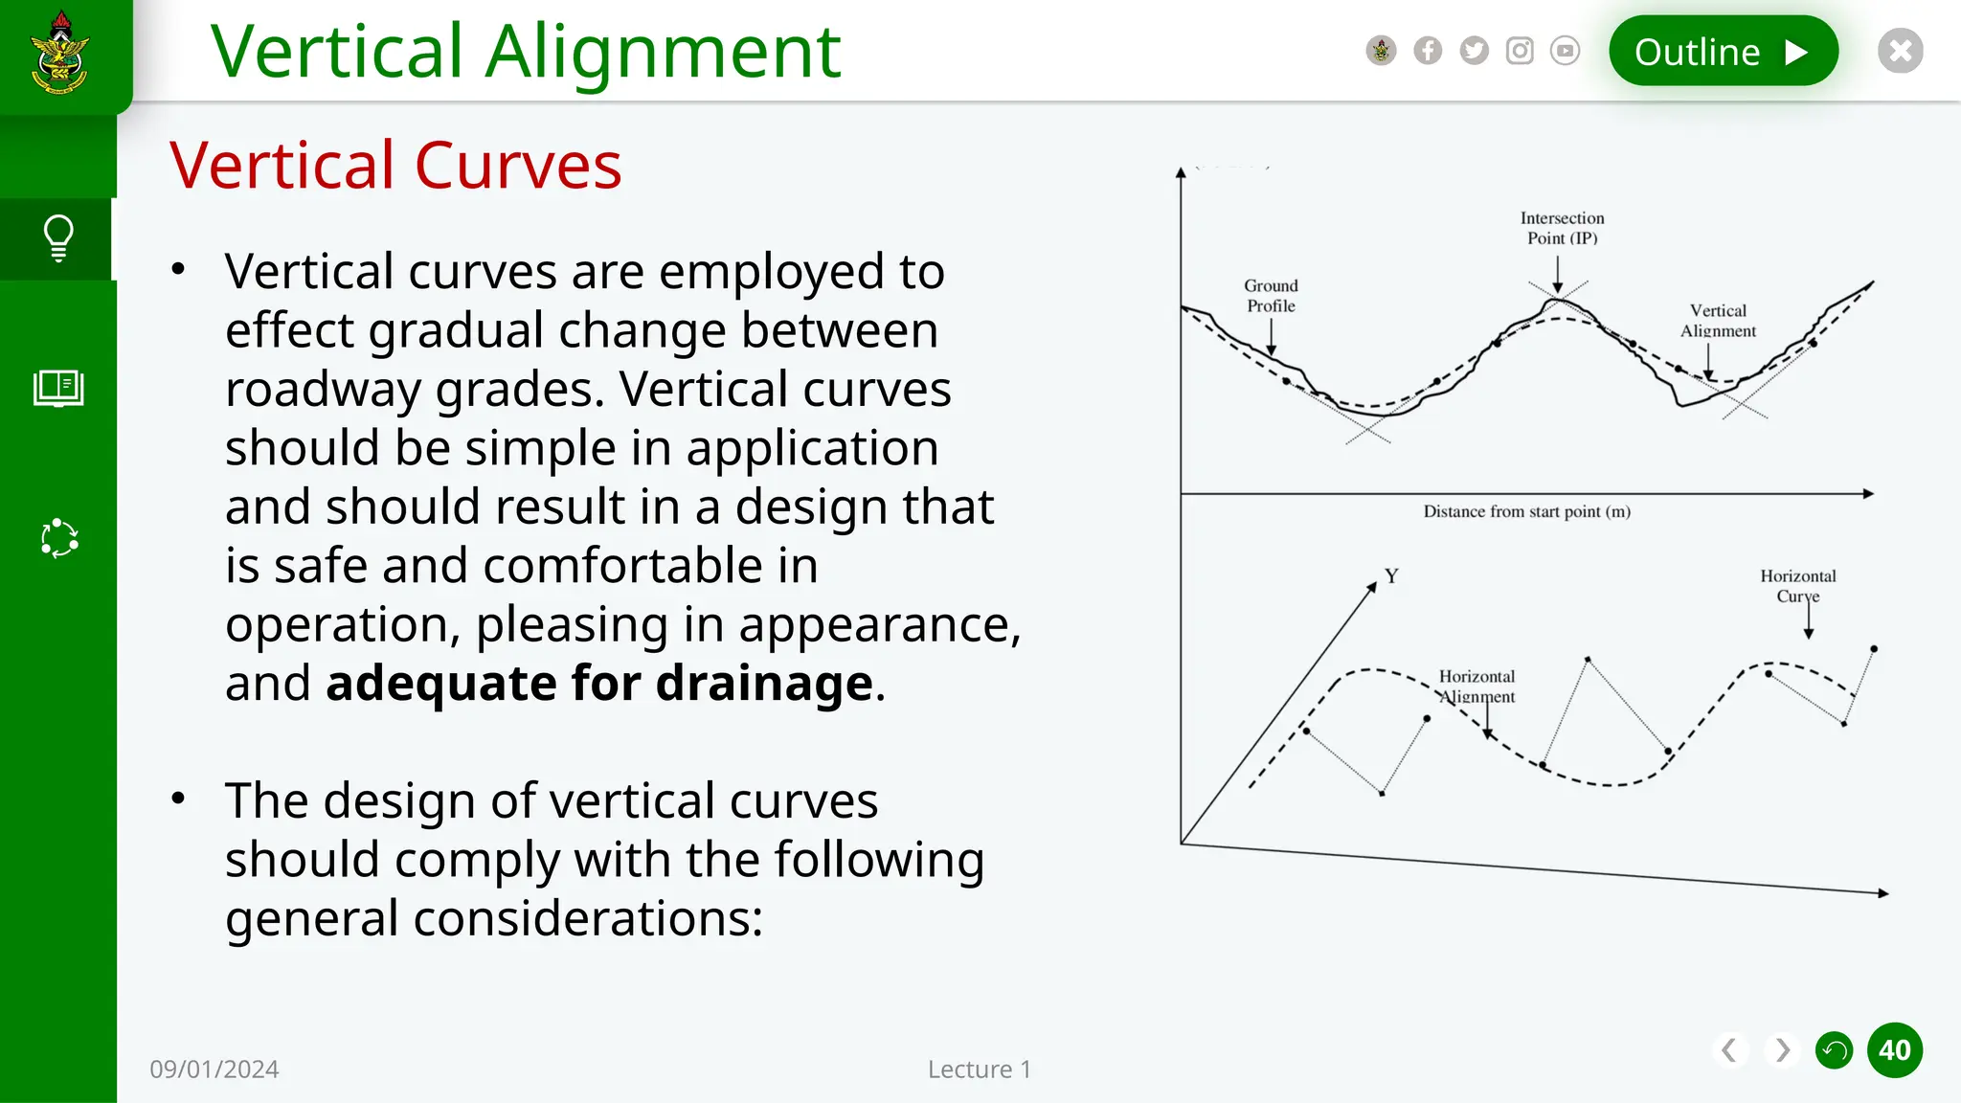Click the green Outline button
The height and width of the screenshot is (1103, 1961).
tap(1722, 51)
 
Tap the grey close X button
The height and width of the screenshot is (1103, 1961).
tap(1900, 51)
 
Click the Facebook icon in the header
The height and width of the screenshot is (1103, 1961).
tap(1428, 51)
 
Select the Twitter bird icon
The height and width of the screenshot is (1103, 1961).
tap(1474, 51)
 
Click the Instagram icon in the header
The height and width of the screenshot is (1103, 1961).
tap(1520, 51)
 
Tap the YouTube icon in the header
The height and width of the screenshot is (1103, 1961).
tap(1565, 51)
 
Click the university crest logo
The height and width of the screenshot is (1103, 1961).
tap(60, 54)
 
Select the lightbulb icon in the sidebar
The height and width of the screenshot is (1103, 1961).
tap(58, 238)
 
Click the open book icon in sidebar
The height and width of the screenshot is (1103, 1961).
tap(58, 388)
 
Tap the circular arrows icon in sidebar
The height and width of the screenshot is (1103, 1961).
tap(58, 538)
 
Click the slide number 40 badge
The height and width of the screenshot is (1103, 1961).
tap(1894, 1050)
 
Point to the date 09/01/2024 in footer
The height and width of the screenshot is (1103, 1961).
tap(214, 1069)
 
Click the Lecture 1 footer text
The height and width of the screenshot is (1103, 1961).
tap(979, 1069)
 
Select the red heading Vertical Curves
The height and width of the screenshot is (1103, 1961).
tap(395, 166)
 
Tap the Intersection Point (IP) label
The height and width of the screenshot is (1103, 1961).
tap(1562, 228)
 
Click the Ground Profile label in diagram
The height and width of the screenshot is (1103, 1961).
tap(1271, 296)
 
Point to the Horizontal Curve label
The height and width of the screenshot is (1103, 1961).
tap(1797, 586)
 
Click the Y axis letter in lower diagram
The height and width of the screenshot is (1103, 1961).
tap(1391, 576)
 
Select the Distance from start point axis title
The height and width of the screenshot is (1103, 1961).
tap(1526, 512)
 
